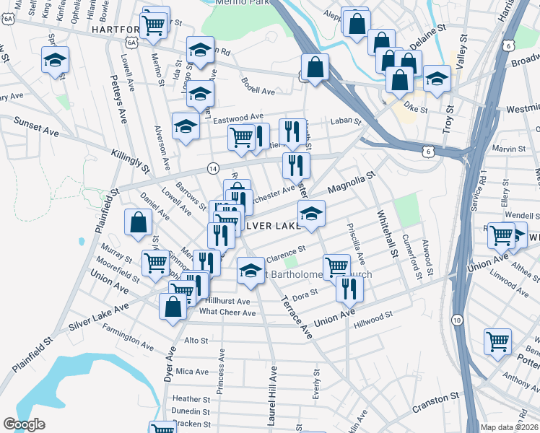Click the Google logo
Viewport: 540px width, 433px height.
click(x=25, y=424)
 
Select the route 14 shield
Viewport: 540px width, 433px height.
click(x=213, y=167)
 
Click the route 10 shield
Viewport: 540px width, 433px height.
click(x=457, y=319)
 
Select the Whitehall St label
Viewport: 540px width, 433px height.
click(x=386, y=233)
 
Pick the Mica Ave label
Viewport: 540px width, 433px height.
click(x=192, y=371)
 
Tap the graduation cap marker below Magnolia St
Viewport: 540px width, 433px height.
click(x=311, y=214)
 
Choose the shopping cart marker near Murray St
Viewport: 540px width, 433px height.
click(x=155, y=263)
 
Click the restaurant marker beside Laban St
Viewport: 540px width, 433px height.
click(x=292, y=132)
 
